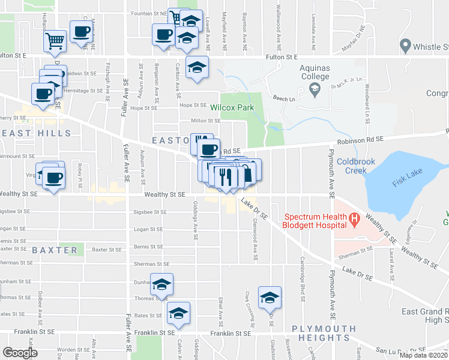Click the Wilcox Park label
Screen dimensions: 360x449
point(232,108)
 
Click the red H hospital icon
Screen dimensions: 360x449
point(354,221)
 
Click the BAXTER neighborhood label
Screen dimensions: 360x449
point(55,250)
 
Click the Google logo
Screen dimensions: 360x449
point(20,353)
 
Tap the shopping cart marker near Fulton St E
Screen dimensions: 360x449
point(55,41)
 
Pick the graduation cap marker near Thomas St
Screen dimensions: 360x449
point(161,284)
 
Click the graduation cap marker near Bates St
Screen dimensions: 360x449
point(178,312)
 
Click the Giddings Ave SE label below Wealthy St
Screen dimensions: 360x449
point(196,220)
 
